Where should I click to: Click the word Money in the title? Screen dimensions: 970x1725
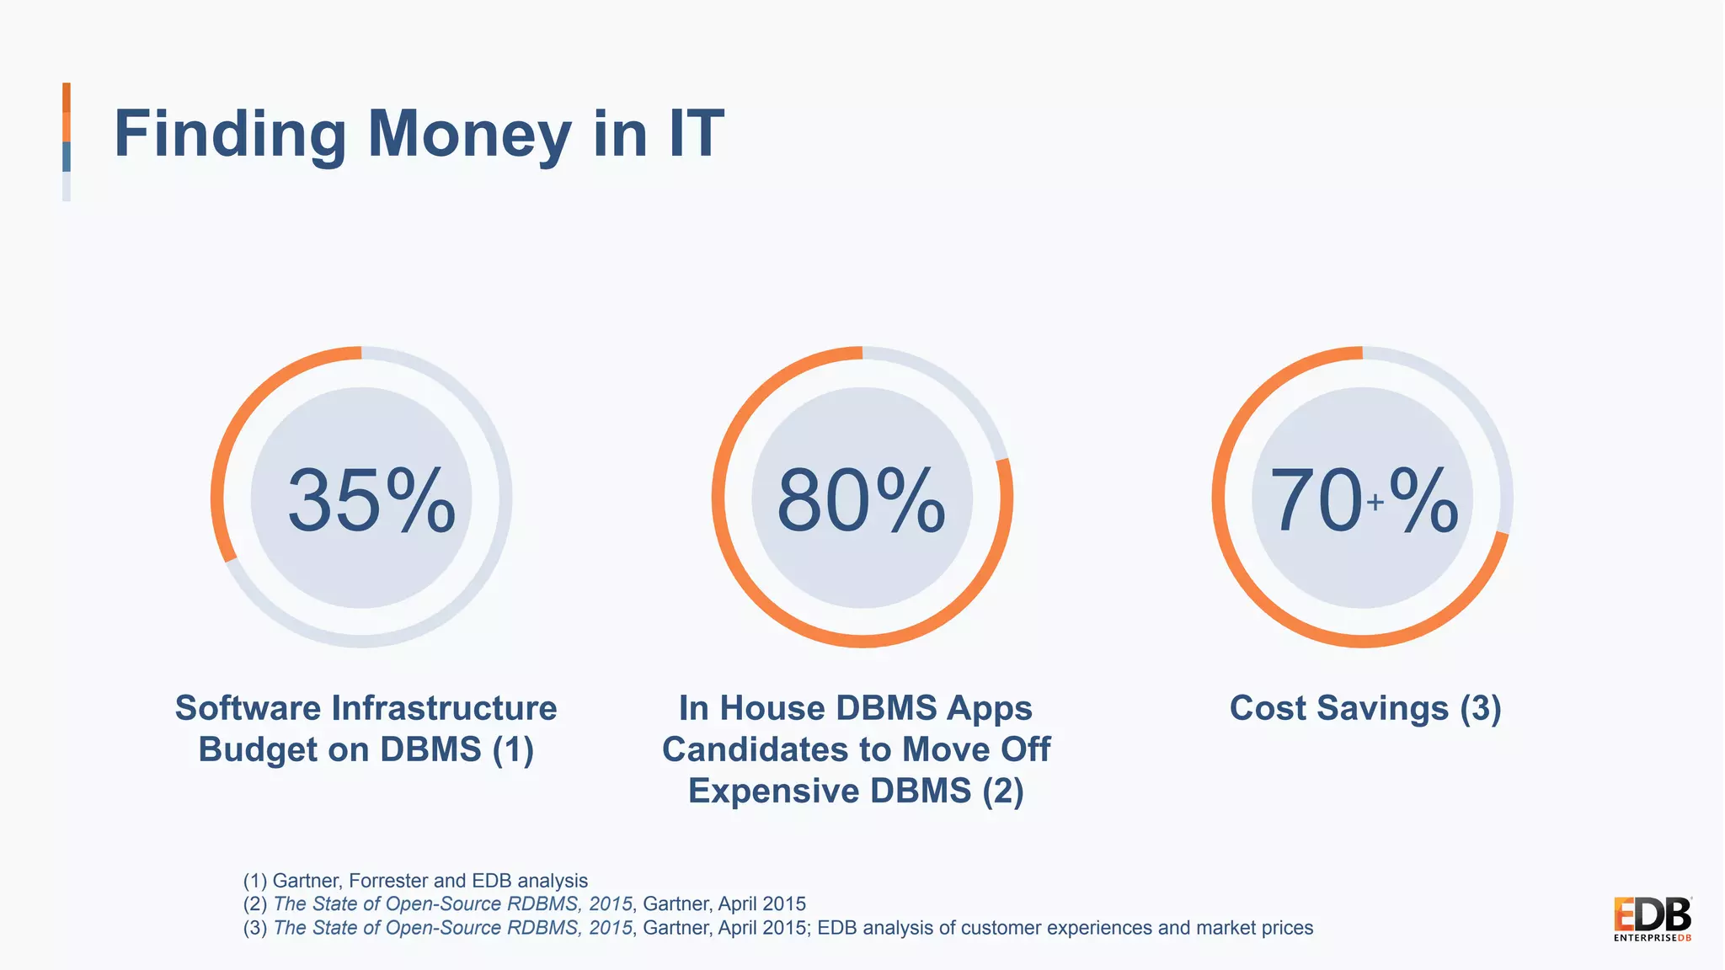click(469, 134)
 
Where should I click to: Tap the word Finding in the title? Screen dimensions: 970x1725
click(230, 135)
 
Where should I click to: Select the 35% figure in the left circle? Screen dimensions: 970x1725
click(371, 501)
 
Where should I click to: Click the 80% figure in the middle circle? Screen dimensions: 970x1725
click(861, 501)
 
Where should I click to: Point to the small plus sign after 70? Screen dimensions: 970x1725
click(1375, 503)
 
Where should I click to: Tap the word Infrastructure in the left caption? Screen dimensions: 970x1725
click(445, 708)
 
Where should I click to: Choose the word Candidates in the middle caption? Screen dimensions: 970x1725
click(775, 749)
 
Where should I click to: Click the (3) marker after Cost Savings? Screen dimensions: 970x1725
click(1481, 708)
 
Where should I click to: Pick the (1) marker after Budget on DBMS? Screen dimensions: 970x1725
click(513, 749)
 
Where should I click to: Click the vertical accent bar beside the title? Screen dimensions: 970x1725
click(67, 141)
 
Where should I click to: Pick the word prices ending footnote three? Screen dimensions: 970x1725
click(1285, 928)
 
